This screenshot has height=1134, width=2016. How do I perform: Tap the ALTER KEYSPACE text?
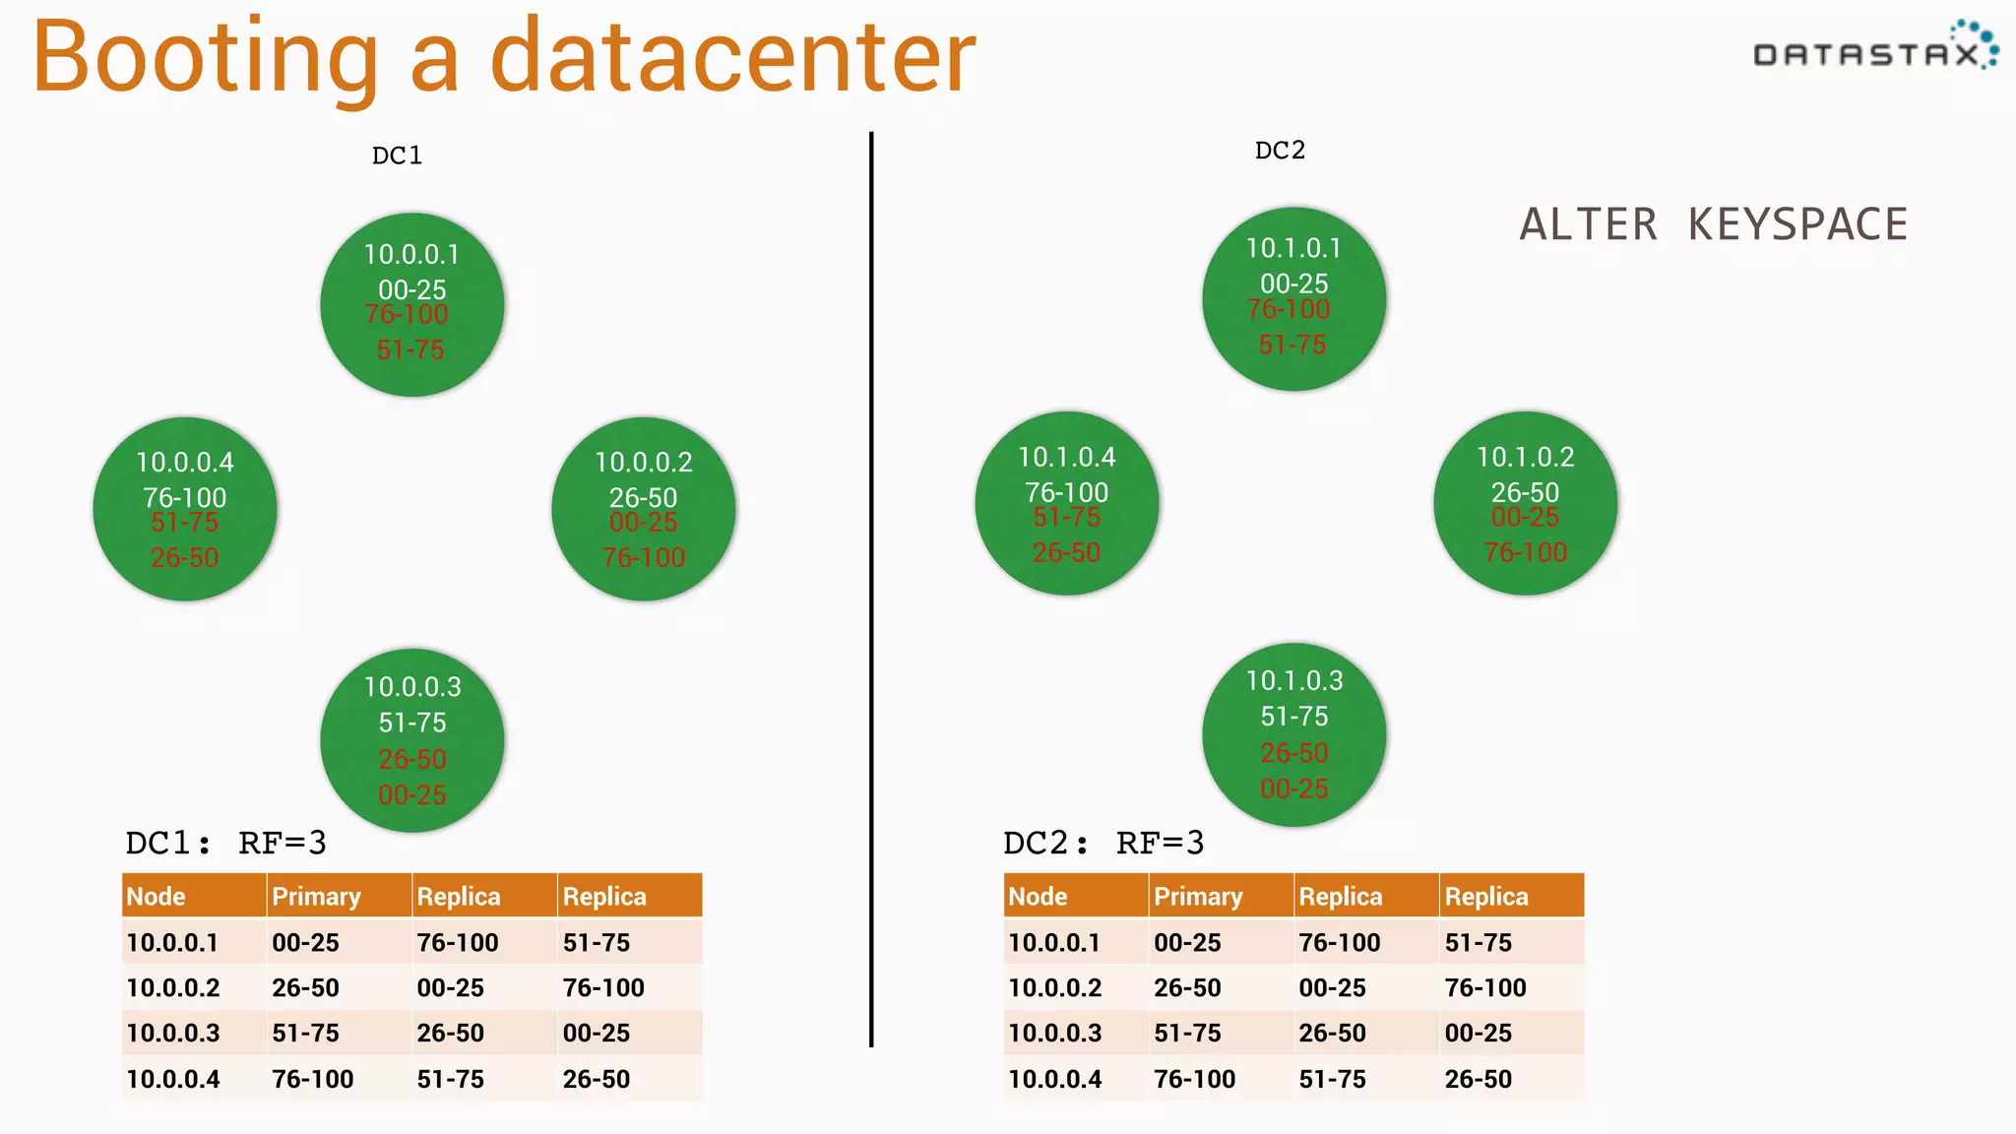point(1713,224)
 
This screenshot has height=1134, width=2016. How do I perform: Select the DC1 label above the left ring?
point(397,156)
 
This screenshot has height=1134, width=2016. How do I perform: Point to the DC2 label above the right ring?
point(1280,151)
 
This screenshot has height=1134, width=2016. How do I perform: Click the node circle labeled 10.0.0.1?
point(412,304)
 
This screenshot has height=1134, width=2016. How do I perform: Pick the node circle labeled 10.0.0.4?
point(185,509)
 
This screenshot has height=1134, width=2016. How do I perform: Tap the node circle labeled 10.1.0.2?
point(1525,503)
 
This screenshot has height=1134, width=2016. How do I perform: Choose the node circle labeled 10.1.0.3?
point(1293,734)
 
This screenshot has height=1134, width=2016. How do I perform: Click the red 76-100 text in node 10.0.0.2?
point(643,558)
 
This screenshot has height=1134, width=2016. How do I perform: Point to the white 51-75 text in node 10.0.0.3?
point(412,723)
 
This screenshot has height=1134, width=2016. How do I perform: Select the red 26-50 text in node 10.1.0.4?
point(1066,553)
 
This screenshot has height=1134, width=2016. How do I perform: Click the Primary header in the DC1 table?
point(316,897)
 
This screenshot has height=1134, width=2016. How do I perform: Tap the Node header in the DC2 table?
point(1038,897)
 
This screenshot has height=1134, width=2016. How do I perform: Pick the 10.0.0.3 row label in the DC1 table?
point(173,1034)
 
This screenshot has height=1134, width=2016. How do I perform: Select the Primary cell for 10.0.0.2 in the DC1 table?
point(305,988)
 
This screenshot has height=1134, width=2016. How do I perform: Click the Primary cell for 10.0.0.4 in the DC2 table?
point(1194,1080)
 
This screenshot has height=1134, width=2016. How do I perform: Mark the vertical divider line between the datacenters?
point(871,591)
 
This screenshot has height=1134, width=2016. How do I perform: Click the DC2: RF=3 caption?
point(1102,843)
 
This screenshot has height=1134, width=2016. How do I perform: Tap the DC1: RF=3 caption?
point(225,843)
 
